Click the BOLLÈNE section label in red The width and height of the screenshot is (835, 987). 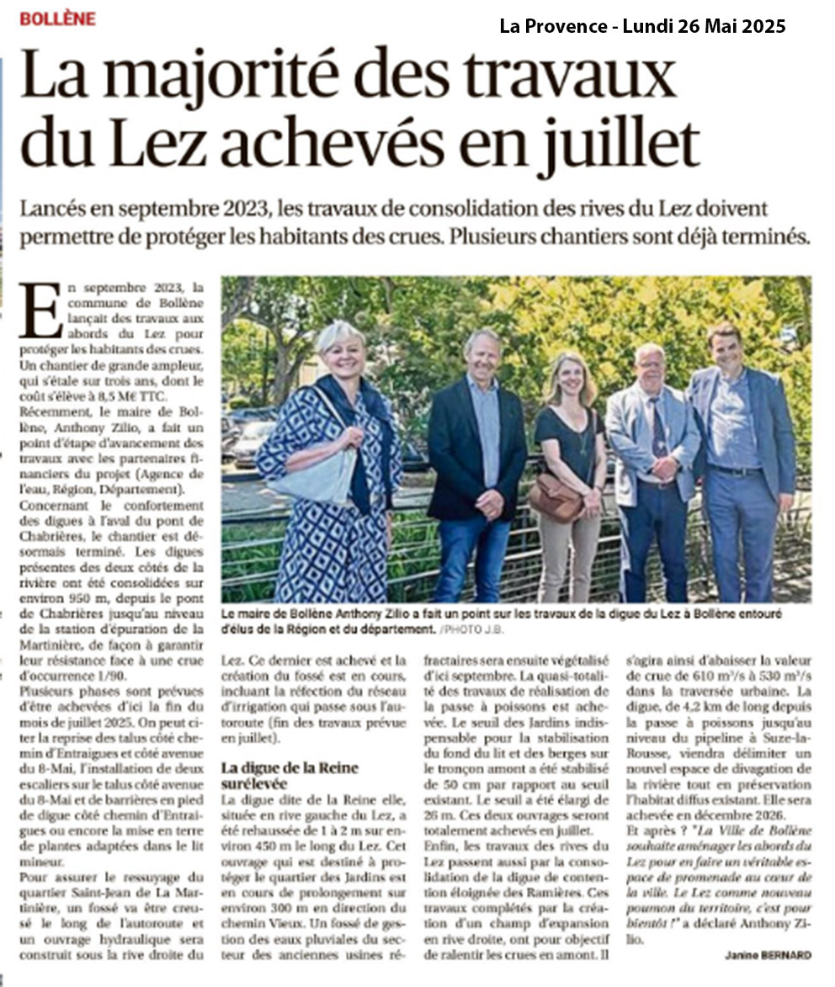[x=57, y=19]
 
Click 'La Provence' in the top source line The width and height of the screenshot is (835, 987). [x=554, y=26]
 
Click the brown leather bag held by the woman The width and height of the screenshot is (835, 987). [x=556, y=498]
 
